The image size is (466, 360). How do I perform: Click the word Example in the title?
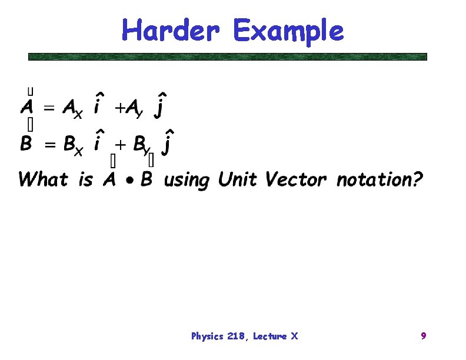(288, 31)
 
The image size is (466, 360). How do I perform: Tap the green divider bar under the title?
(228, 57)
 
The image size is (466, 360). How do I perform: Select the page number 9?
(423, 336)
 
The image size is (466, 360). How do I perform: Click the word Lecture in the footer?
(270, 336)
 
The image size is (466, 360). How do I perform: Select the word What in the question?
(43, 179)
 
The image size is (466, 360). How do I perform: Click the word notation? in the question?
(379, 179)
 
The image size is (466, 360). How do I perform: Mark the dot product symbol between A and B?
(127, 179)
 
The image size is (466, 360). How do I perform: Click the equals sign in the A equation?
(48, 108)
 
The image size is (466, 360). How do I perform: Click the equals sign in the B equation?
(48, 144)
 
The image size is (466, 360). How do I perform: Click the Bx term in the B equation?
(72, 145)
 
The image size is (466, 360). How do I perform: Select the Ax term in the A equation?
(72, 109)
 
